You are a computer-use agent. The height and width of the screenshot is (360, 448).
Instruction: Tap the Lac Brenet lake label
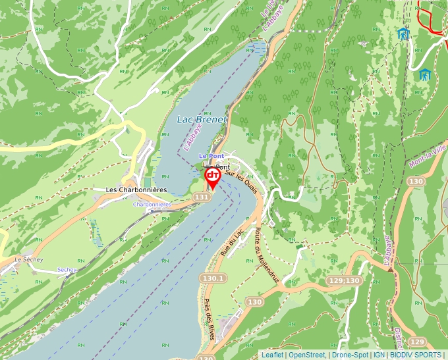click(x=201, y=120)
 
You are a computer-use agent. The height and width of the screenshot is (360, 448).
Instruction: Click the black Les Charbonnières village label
click(x=136, y=190)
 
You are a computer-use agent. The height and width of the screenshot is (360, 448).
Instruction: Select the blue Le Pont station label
click(x=211, y=155)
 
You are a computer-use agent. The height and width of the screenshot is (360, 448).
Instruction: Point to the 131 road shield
click(x=202, y=197)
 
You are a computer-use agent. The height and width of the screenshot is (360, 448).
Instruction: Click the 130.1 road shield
click(x=213, y=278)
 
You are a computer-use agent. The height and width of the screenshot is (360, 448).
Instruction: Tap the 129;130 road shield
click(x=344, y=281)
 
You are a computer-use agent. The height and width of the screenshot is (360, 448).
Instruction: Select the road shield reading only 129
click(x=416, y=342)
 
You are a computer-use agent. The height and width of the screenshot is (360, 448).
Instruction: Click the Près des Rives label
click(x=210, y=320)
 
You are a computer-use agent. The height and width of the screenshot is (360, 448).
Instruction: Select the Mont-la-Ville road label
click(x=427, y=156)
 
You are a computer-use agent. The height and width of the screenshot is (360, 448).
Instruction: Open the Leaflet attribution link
click(x=272, y=355)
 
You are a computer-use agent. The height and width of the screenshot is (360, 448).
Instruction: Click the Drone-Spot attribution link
click(x=350, y=355)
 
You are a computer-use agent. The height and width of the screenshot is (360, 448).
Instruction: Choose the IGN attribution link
click(x=379, y=355)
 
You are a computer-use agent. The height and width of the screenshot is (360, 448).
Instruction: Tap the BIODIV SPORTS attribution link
click(x=416, y=355)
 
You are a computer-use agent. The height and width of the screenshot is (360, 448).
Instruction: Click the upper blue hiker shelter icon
click(x=403, y=34)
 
